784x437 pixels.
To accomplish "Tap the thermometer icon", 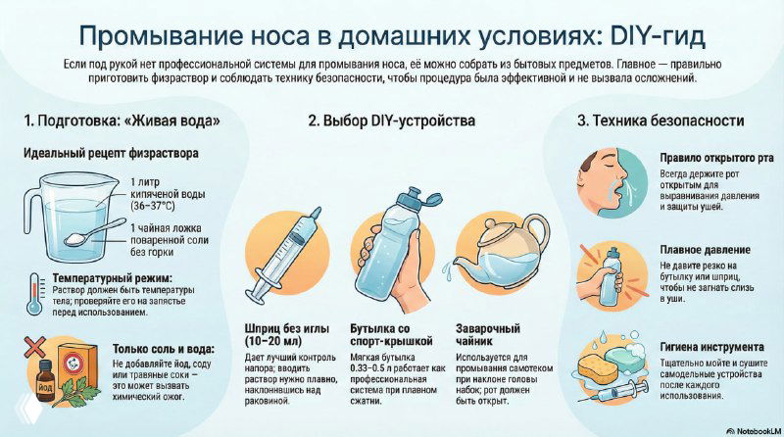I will [x=37, y=295].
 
